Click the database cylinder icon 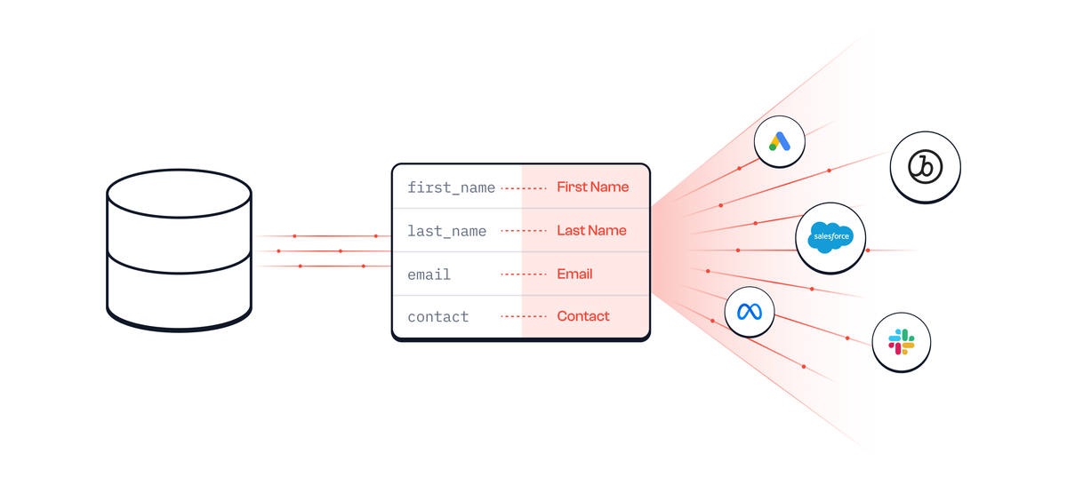179,250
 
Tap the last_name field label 446,231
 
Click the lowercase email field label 429,274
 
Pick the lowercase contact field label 437,316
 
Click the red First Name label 592,187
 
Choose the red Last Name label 591,231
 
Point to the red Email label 574,274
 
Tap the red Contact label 583,316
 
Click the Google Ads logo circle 779,141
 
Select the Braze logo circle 926,166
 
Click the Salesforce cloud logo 830,237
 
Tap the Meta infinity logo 750,312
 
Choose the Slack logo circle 901,342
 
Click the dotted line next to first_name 523,188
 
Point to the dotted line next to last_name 523,231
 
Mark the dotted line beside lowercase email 523,274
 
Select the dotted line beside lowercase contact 523,317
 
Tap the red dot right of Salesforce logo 868,250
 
